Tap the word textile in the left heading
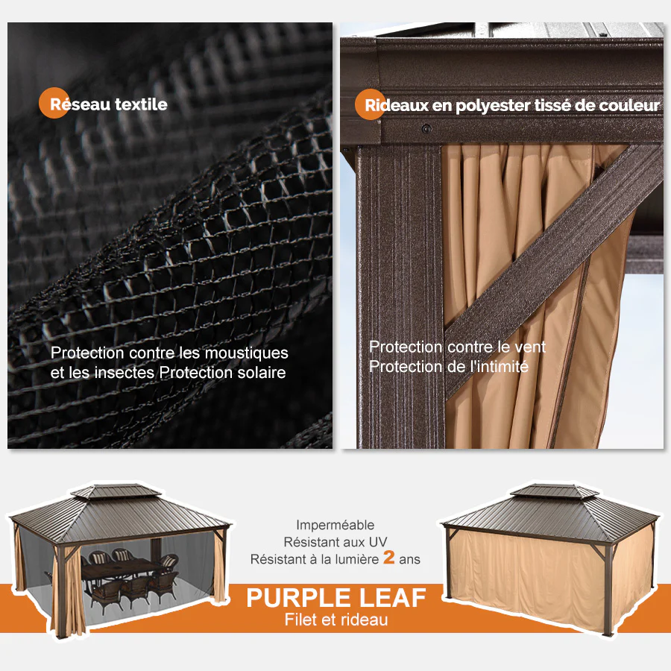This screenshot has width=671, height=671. (x=141, y=104)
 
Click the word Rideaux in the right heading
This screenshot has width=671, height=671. (x=397, y=105)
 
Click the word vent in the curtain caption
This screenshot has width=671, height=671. (x=530, y=347)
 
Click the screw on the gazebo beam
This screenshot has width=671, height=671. (x=426, y=128)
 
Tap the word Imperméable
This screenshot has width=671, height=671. (x=335, y=525)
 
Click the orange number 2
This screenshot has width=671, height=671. (x=388, y=557)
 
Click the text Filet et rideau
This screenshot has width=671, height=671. (x=336, y=620)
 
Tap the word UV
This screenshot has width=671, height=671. (x=378, y=542)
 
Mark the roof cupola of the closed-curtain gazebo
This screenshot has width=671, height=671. (x=555, y=491)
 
